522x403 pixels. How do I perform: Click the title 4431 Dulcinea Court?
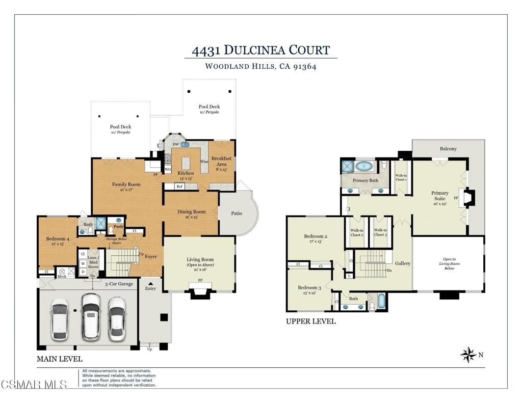click(260, 50)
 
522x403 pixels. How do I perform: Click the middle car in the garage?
click(91, 316)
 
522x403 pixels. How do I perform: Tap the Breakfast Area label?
click(221, 162)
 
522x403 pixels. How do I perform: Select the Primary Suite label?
click(439, 196)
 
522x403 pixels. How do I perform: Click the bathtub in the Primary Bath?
click(363, 166)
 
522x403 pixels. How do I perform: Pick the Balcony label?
click(448, 149)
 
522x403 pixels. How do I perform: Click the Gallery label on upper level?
click(402, 263)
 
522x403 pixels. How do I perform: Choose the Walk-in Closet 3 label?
click(380, 232)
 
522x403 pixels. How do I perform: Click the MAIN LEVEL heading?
click(59, 359)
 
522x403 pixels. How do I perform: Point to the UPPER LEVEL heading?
click(310, 321)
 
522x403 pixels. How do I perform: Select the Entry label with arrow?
click(150, 286)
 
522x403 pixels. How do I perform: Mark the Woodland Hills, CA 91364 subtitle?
click(260, 66)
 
